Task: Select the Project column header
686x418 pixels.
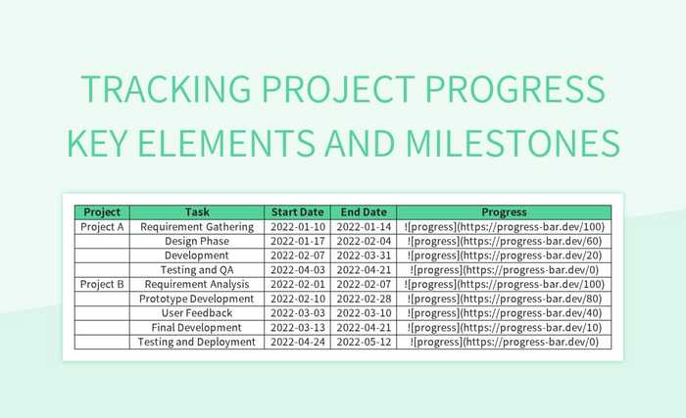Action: pyautogui.click(x=102, y=211)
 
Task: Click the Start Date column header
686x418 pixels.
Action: pyautogui.click(x=297, y=211)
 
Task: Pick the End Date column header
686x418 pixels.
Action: pyautogui.click(x=364, y=211)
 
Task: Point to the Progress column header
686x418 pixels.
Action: pyautogui.click(x=504, y=211)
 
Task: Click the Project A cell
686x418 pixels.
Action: pyautogui.click(x=102, y=226)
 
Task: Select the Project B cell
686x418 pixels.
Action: pyautogui.click(x=102, y=284)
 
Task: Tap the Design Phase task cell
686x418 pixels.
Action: pyautogui.click(x=197, y=241)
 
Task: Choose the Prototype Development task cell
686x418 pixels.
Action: pyautogui.click(x=197, y=299)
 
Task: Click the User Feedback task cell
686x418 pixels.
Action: pyautogui.click(x=197, y=313)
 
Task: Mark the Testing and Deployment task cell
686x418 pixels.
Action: pyautogui.click(x=197, y=342)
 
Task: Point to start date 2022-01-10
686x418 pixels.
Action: pyautogui.click(x=297, y=226)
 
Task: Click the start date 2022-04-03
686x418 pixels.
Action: pyautogui.click(x=297, y=270)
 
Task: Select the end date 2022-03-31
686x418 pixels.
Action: pyautogui.click(x=364, y=255)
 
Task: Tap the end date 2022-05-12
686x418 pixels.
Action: pyautogui.click(x=364, y=342)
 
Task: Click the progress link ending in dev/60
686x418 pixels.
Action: pyautogui.click(x=504, y=241)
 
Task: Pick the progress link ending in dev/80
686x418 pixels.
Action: pyautogui.click(x=504, y=299)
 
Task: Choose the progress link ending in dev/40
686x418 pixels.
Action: pyautogui.click(x=504, y=313)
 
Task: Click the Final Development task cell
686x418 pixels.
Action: pyautogui.click(x=197, y=328)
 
